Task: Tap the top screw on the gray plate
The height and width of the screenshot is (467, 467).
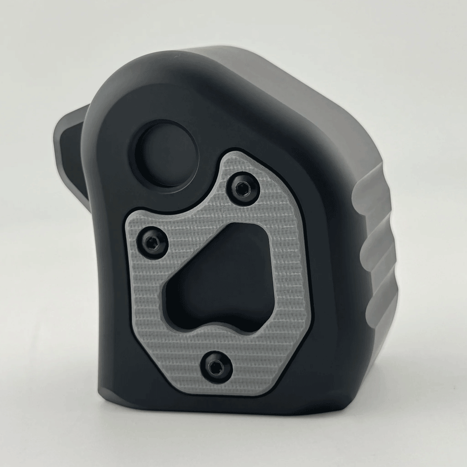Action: (241, 188)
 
